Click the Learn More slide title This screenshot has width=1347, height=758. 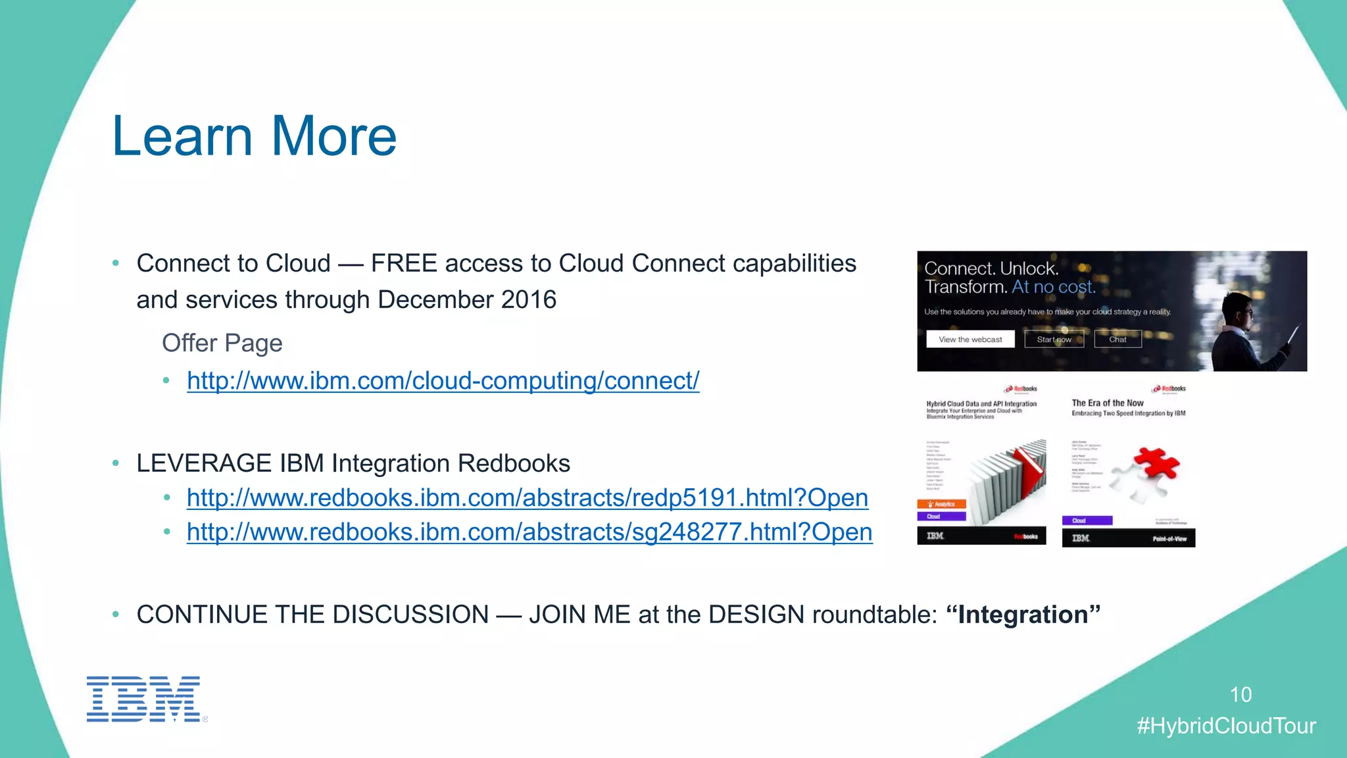[x=254, y=136]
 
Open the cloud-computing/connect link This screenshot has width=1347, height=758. [x=443, y=380]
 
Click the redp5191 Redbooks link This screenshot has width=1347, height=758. [x=527, y=497]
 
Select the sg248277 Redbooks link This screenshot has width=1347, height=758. [x=529, y=532]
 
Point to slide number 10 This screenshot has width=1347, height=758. [x=1240, y=694]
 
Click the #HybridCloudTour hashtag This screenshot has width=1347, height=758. [x=1226, y=726]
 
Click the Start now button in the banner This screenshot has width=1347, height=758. [x=1054, y=340]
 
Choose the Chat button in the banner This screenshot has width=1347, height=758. [x=1117, y=340]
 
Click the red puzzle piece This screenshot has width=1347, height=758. [x=1155, y=464]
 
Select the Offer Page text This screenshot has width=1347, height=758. [x=222, y=343]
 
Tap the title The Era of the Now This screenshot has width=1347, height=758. [x=1108, y=403]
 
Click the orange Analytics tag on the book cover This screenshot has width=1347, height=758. [x=941, y=504]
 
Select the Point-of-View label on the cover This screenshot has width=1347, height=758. [x=1169, y=539]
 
